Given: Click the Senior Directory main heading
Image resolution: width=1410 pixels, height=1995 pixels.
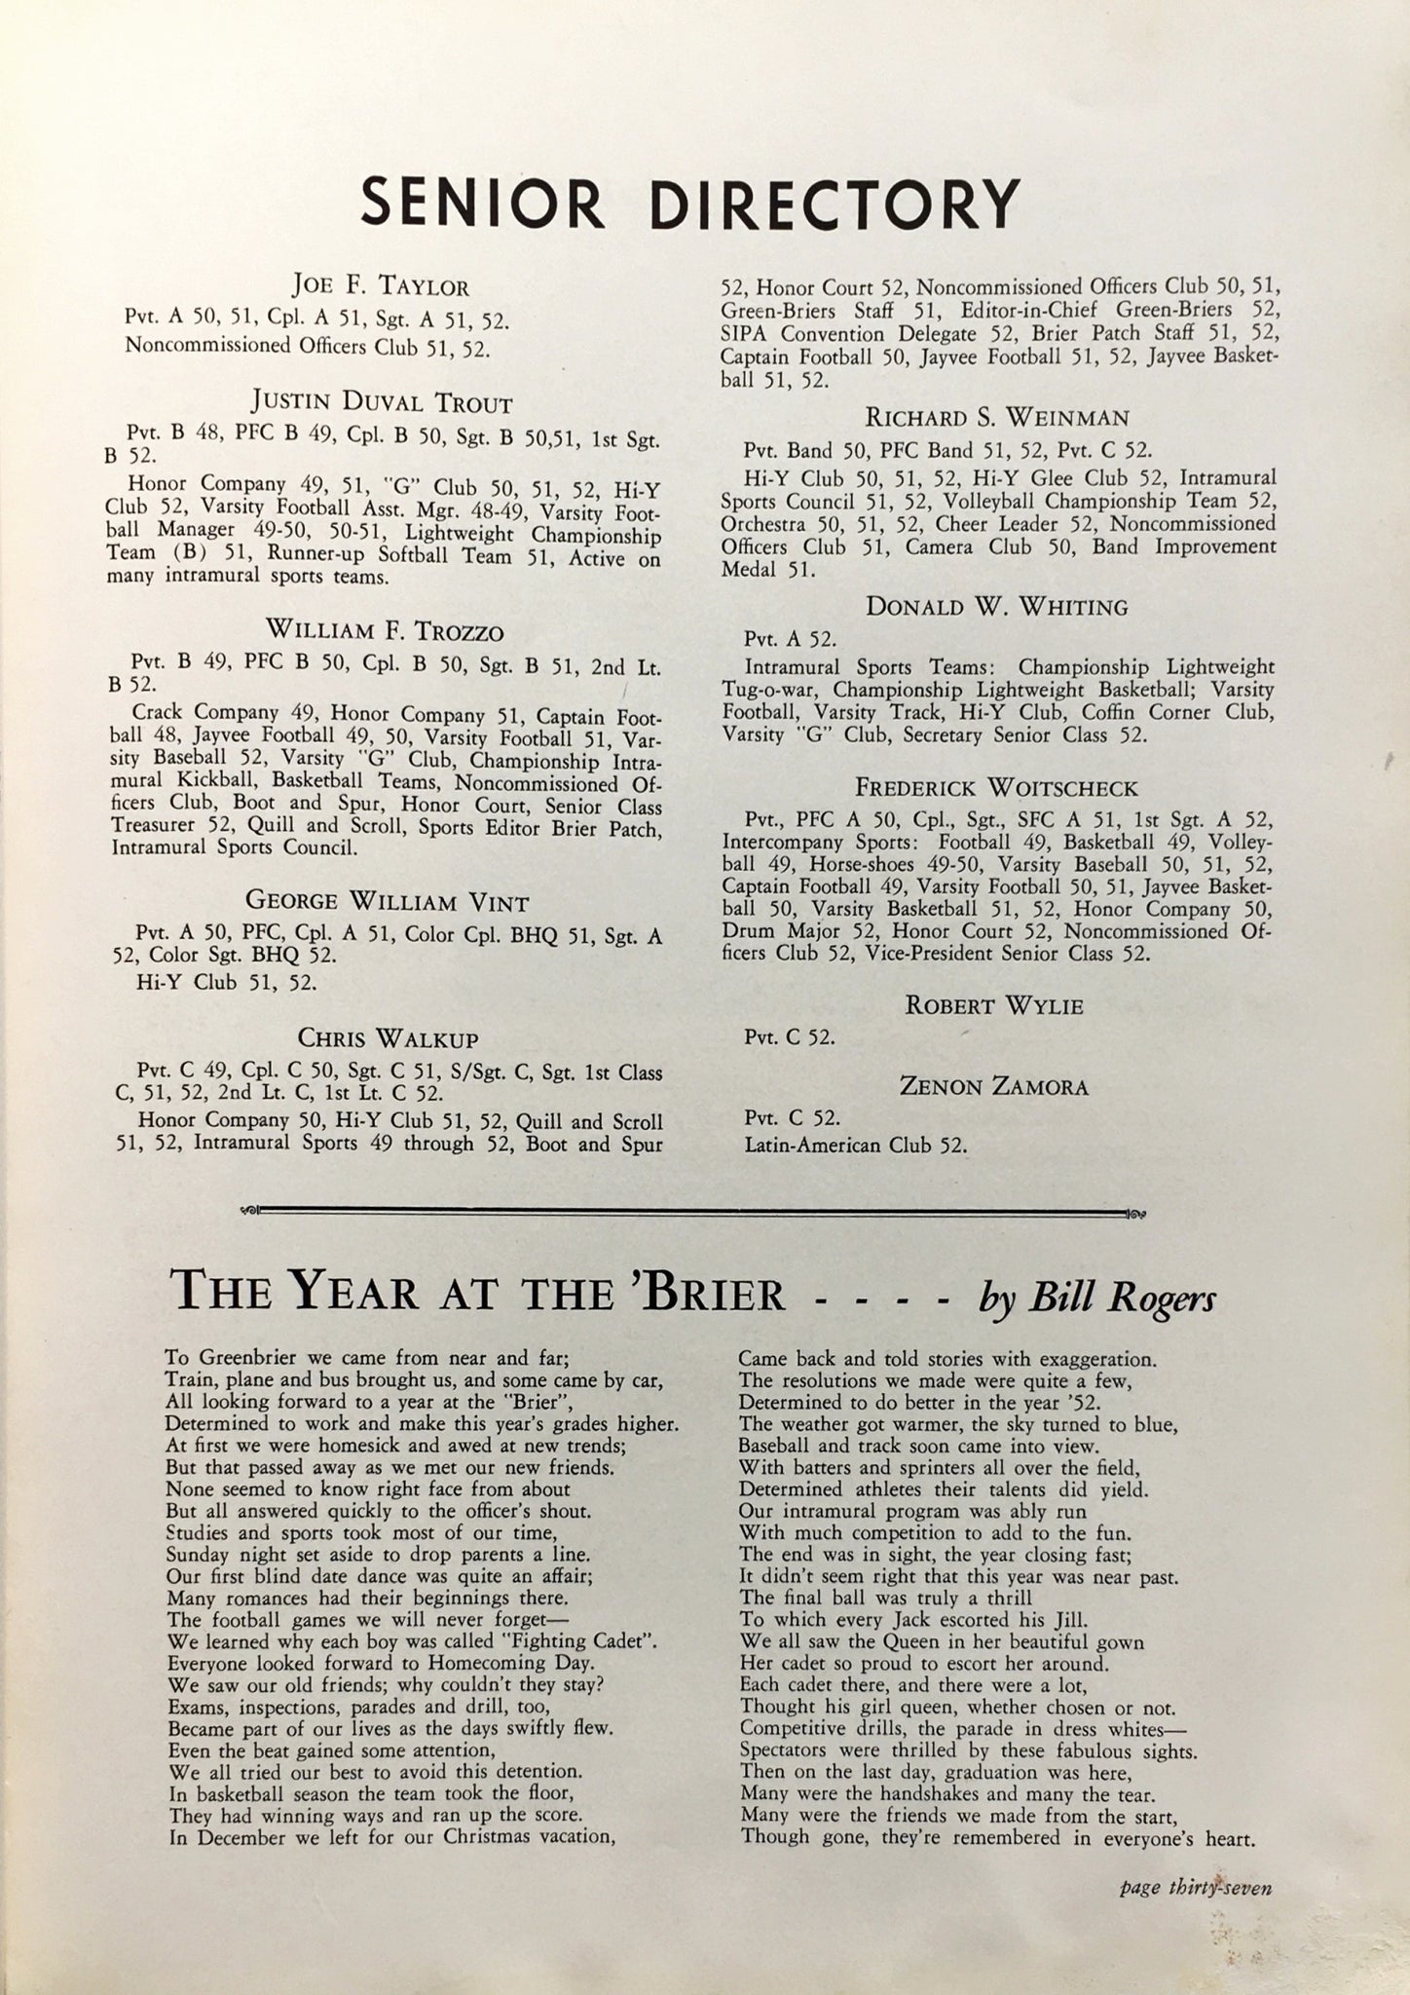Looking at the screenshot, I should point(689,202).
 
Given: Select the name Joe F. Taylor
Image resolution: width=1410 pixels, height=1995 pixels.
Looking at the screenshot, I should point(381,286).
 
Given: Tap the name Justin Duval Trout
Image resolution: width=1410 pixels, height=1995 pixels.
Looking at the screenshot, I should point(381,401).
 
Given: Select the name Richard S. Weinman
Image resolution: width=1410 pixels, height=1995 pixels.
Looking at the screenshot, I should point(997,418).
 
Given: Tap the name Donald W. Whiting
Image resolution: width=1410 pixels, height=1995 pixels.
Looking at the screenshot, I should point(997,607).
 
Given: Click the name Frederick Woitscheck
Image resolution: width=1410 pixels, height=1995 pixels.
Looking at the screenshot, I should point(996,786).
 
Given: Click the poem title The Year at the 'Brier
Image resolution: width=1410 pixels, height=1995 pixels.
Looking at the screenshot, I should point(477,1294).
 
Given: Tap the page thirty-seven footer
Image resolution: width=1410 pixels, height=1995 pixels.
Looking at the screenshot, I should point(1196,1888).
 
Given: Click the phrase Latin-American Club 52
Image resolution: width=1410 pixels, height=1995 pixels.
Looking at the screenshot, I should point(855,1145).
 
